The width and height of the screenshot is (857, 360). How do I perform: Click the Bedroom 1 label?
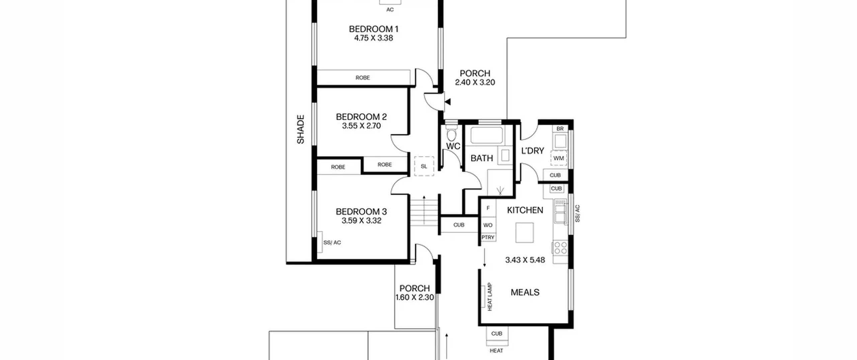tap(374, 29)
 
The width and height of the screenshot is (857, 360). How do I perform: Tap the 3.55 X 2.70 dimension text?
tap(361, 126)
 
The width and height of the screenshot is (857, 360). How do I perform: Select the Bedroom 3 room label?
tap(361, 212)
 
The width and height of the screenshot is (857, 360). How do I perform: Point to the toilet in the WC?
tap(452, 133)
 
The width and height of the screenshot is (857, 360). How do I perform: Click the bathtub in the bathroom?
tap(487, 135)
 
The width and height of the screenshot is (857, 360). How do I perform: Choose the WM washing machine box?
tap(558, 158)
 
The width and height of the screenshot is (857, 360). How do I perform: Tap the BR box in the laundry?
tap(560, 129)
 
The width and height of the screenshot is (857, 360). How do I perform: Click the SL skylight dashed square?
tap(424, 166)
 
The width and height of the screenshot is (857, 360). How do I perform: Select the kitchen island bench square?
tap(525, 232)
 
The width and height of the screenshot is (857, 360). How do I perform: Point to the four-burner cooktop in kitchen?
tap(560, 248)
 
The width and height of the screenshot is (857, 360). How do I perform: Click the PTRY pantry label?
tap(488, 237)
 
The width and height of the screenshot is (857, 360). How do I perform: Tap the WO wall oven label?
tap(488, 225)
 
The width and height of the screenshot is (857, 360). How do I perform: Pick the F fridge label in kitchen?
tap(488, 208)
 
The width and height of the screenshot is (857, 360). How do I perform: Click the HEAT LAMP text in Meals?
tap(490, 297)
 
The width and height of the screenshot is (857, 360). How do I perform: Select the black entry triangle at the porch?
tap(448, 102)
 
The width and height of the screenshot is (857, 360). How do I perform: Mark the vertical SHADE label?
tap(301, 129)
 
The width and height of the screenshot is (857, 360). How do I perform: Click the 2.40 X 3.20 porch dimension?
tap(475, 82)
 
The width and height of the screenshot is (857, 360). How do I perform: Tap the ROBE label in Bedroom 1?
tap(363, 78)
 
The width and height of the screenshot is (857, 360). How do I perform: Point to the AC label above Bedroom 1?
tap(390, 10)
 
